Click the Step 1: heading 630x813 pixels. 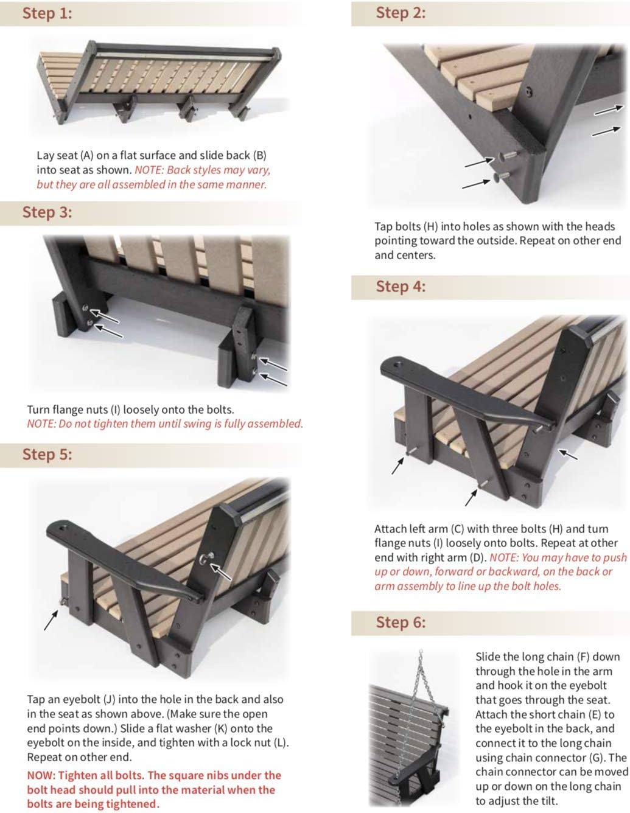click(47, 13)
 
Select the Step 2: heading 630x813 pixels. click(401, 13)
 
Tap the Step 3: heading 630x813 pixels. click(47, 212)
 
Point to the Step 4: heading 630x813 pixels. click(401, 286)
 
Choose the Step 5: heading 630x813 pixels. click(47, 454)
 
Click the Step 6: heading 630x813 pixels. click(401, 622)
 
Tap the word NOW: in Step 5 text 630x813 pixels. click(41, 775)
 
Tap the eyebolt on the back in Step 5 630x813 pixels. click(208, 557)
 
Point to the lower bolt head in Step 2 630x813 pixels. click(501, 177)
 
